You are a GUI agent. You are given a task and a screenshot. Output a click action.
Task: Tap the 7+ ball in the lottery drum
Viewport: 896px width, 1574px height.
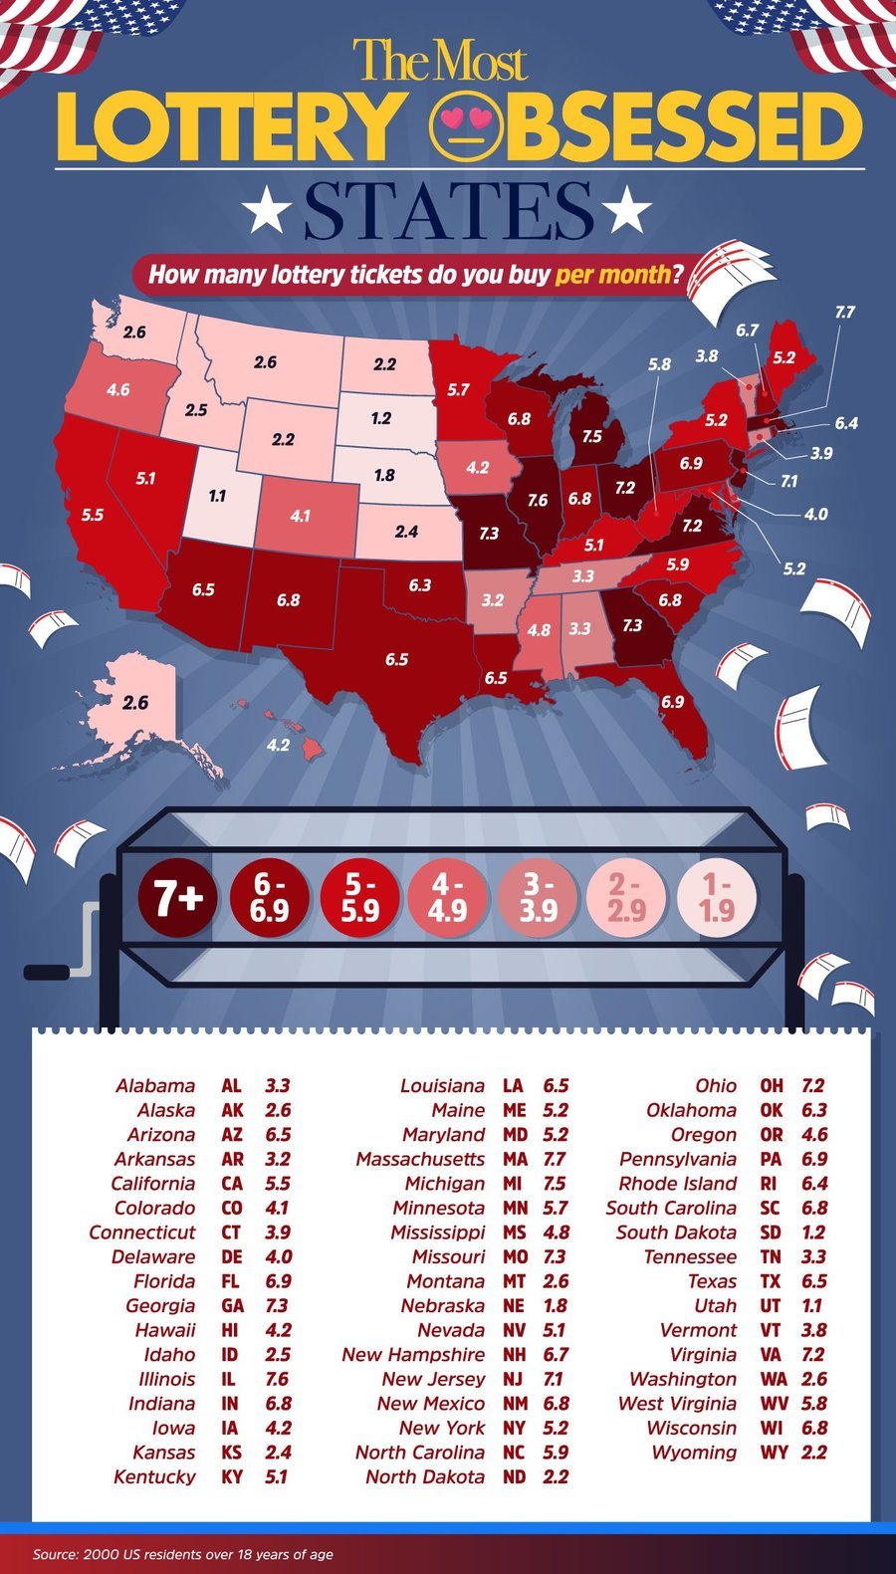pos(177,898)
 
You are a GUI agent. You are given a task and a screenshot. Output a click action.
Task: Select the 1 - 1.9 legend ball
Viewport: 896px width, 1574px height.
pos(717,898)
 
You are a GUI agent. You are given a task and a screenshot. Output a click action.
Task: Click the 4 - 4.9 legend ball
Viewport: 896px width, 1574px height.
pos(447,898)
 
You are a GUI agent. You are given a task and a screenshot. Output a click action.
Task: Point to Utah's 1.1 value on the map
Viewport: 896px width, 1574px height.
pos(218,496)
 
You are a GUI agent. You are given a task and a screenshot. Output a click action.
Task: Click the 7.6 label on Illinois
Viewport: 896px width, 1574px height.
pos(538,501)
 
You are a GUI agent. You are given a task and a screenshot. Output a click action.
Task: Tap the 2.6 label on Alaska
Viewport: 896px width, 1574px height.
pos(135,703)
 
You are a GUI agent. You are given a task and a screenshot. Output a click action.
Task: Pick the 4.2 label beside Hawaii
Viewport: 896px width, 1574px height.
pos(279,745)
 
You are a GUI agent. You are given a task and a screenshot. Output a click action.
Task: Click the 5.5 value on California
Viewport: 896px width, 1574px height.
pos(93,516)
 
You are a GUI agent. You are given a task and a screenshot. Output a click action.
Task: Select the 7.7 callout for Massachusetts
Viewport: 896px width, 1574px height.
pos(844,312)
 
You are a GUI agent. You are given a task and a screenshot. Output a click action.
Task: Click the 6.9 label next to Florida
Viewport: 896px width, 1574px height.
pos(672,702)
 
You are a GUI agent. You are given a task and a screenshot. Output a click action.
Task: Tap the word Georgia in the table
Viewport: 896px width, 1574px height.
pos(160,1305)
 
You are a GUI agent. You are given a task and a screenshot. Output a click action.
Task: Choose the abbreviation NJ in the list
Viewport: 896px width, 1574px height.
pos(513,1379)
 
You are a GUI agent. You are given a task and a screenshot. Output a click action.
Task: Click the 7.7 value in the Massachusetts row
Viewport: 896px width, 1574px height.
pos(555,1159)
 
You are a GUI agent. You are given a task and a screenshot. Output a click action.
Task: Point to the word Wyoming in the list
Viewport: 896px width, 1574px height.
pos(694,1453)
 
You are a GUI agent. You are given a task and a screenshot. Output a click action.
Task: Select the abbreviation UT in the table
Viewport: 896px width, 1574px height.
pos(771,1305)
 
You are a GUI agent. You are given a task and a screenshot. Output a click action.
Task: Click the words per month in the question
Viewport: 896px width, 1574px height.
pos(612,275)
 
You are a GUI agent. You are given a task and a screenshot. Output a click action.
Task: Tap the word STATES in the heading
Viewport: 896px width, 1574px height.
pos(448,211)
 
